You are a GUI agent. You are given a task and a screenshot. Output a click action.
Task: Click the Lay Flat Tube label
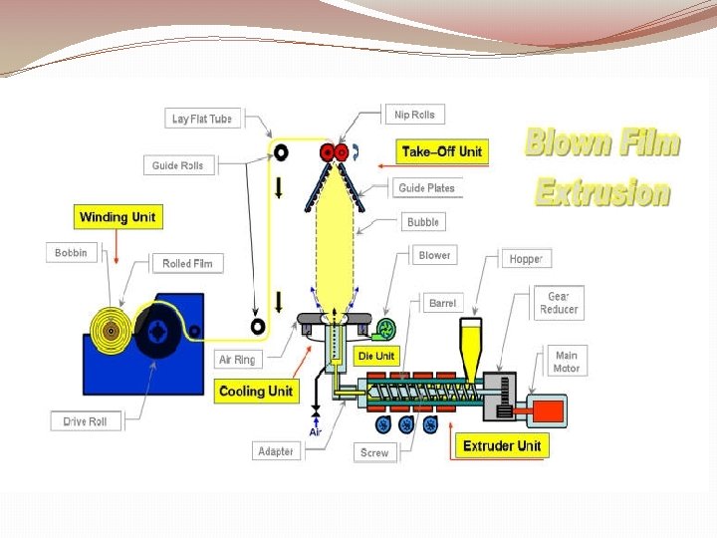202,119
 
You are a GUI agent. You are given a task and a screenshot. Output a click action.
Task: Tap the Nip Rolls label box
413,115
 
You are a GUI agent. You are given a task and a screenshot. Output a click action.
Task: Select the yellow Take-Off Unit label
441,151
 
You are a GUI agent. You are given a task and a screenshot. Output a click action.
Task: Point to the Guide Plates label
426,187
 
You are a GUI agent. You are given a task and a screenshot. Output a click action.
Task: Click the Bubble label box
423,221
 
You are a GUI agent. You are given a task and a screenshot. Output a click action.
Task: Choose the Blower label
434,255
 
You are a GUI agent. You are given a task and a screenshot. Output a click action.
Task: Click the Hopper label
526,258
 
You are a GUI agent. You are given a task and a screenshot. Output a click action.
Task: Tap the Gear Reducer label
559,303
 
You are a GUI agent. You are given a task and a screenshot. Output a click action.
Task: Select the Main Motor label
566,362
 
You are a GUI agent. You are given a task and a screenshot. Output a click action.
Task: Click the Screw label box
374,452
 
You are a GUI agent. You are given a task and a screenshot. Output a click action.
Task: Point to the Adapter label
276,451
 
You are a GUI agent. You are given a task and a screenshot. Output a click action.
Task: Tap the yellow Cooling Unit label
256,391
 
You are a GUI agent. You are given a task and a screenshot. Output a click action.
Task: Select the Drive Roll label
85,421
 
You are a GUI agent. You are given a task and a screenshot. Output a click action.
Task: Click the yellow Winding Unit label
118,216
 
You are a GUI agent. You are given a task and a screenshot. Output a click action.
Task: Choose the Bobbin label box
71,253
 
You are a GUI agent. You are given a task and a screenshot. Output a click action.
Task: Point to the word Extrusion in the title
602,190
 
